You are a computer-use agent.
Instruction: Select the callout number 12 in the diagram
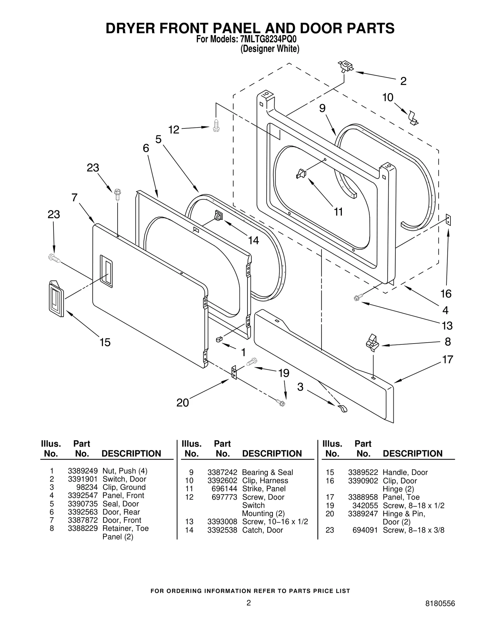tap(174, 130)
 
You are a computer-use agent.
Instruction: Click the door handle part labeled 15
tap(56, 299)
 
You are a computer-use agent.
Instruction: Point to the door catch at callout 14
tap(218, 215)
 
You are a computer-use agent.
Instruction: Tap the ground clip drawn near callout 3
tap(343, 409)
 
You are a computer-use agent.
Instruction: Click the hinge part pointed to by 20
tap(234, 372)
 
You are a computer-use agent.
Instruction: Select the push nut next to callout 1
tap(219, 340)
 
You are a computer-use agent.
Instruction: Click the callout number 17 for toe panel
tap(447, 359)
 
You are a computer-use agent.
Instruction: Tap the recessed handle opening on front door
tap(106, 271)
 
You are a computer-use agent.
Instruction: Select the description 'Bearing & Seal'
tap(267, 472)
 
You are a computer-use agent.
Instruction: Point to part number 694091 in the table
tap(365, 530)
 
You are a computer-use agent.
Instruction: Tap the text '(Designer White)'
tap(270, 49)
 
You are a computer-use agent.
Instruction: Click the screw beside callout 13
tap(356, 298)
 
